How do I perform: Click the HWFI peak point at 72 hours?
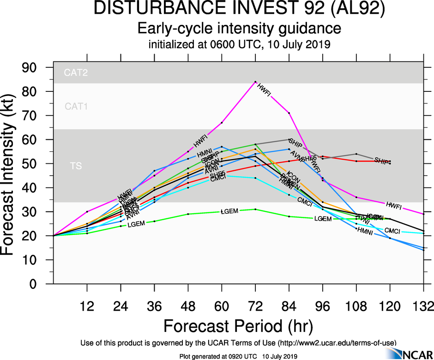pos(255,82)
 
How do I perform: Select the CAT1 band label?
pos(76,107)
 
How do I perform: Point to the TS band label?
pos(76,166)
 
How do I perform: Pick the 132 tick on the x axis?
pos(423,306)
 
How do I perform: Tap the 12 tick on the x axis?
pos(87,306)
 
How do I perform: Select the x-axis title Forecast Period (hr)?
pos(238,326)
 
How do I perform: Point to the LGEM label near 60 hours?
pos(229,211)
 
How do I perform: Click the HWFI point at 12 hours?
pos(87,211)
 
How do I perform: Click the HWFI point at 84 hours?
pos(289,113)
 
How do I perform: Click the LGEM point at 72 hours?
pos(255,209)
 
